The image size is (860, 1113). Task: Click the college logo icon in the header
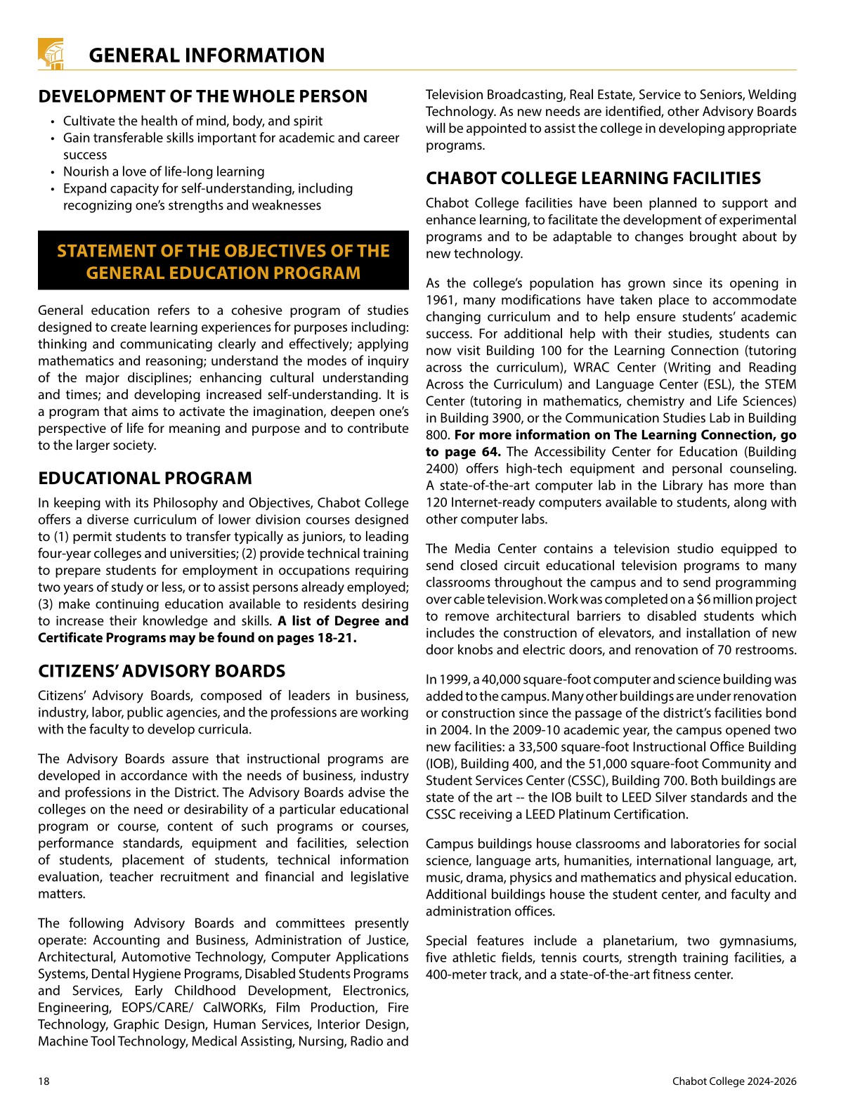(x=51, y=53)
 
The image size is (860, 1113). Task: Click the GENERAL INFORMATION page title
(x=207, y=56)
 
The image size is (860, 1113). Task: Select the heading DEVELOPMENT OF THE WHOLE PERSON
(x=202, y=96)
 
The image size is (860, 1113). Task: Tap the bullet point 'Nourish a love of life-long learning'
(x=164, y=171)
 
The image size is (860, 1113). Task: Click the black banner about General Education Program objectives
(x=223, y=261)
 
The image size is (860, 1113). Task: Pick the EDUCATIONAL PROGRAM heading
(x=145, y=479)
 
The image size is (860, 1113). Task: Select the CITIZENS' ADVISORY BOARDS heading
(x=162, y=671)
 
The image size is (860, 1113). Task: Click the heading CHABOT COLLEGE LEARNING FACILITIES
(x=593, y=178)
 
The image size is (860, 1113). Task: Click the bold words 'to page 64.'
(x=463, y=452)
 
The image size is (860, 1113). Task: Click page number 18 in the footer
(x=44, y=1081)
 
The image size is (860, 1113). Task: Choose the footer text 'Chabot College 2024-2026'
(x=734, y=1081)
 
